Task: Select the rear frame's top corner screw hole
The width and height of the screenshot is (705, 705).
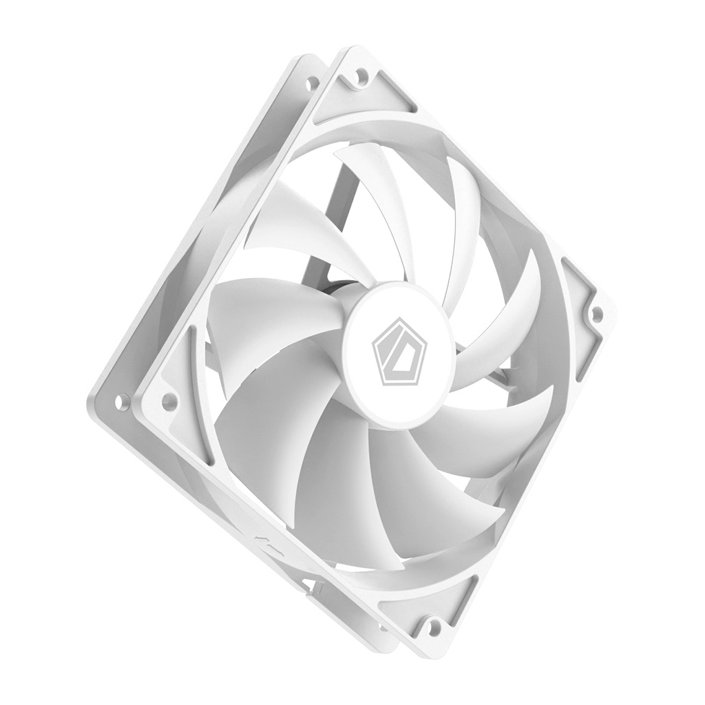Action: pyautogui.click(x=311, y=84)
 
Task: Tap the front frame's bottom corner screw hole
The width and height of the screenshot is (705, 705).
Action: pyautogui.click(x=433, y=627)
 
